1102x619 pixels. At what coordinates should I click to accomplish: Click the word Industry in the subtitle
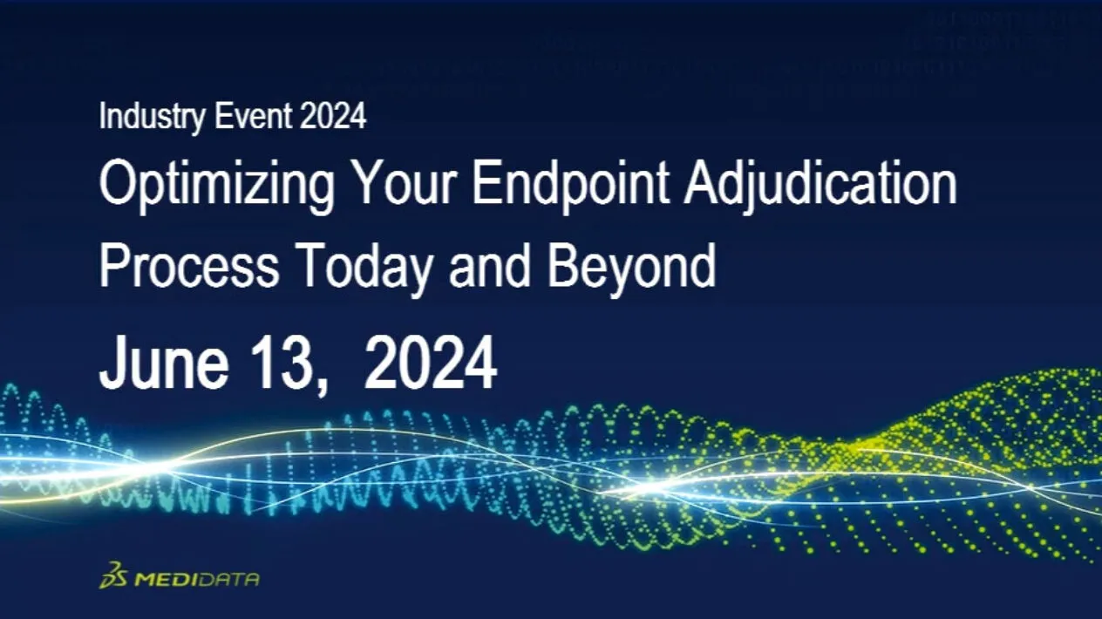[152, 117]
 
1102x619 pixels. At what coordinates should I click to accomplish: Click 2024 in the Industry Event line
[332, 116]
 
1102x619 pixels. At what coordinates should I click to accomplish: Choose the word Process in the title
[189, 266]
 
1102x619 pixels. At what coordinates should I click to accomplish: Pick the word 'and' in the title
[489, 266]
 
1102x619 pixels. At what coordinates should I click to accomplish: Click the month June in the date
[164, 364]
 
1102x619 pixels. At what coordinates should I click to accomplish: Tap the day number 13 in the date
[279, 364]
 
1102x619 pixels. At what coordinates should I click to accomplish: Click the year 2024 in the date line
[430, 364]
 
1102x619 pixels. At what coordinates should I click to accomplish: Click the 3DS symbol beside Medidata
[114, 575]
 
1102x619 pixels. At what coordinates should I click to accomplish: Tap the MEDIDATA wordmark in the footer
[197, 579]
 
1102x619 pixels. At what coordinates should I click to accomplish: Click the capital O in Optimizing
[119, 183]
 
